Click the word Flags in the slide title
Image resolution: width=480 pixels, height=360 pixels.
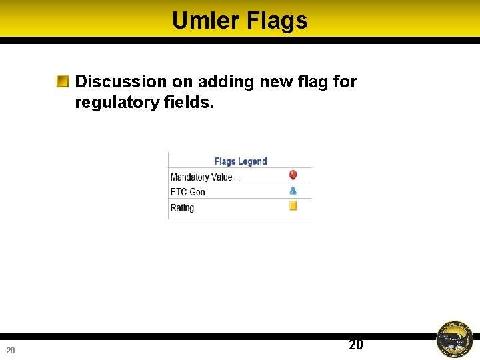pyautogui.click(x=277, y=21)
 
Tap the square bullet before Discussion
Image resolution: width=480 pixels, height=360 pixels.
pyautogui.click(x=63, y=82)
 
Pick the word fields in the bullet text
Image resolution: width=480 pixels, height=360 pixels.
pyautogui.click(x=189, y=103)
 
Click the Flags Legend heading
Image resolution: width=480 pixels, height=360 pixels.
pyautogui.click(x=240, y=161)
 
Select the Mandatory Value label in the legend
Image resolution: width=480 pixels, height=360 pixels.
pyautogui.click(x=201, y=177)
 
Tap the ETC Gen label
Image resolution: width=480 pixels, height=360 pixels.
pyautogui.click(x=187, y=192)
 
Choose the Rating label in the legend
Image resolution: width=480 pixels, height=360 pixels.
pyautogui.click(x=182, y=207)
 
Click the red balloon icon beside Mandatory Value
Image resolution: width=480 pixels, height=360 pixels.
pyautogui.click(x=293, y=175)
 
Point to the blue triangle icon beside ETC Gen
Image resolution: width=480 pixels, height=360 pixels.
pyautogui.click(x=293, y=191)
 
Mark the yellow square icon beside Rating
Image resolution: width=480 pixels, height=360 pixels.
pyautogui.click(x=293, y=206)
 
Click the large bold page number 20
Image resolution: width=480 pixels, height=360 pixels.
pyautogui.click(x=356, y=345)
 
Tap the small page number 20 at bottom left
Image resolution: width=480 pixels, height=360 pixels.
pyautogui.click(x=11, y=351)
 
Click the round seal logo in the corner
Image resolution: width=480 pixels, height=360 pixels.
pyautogui.click(x=454, y=339)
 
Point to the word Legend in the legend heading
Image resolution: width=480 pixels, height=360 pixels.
pyautogui.click(x=253, y=161)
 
